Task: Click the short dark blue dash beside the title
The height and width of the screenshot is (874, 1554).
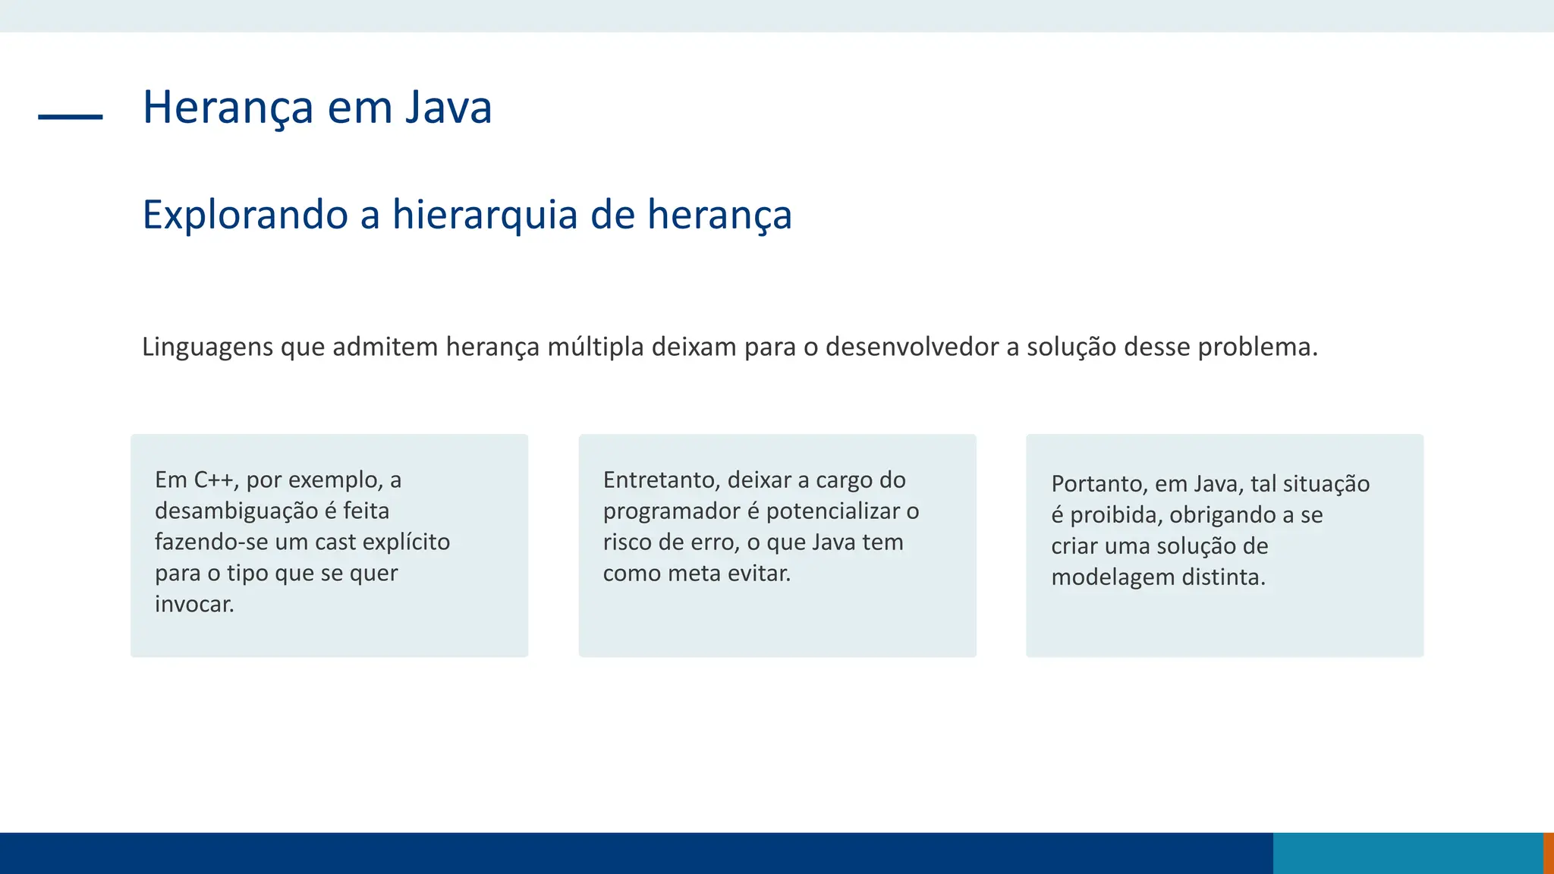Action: [x=70, y=117]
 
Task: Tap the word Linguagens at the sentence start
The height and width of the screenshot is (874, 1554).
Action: [x=207, y=347]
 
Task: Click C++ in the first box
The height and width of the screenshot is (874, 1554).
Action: [x=216, y=480]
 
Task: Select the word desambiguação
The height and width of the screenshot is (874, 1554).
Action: [x=236, y=511]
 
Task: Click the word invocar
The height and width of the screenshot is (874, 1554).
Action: [x=194, y=605]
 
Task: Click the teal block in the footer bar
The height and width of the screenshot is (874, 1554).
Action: [x=1408, y=853]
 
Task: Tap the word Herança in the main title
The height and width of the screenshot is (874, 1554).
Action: [x=228, y=108]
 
